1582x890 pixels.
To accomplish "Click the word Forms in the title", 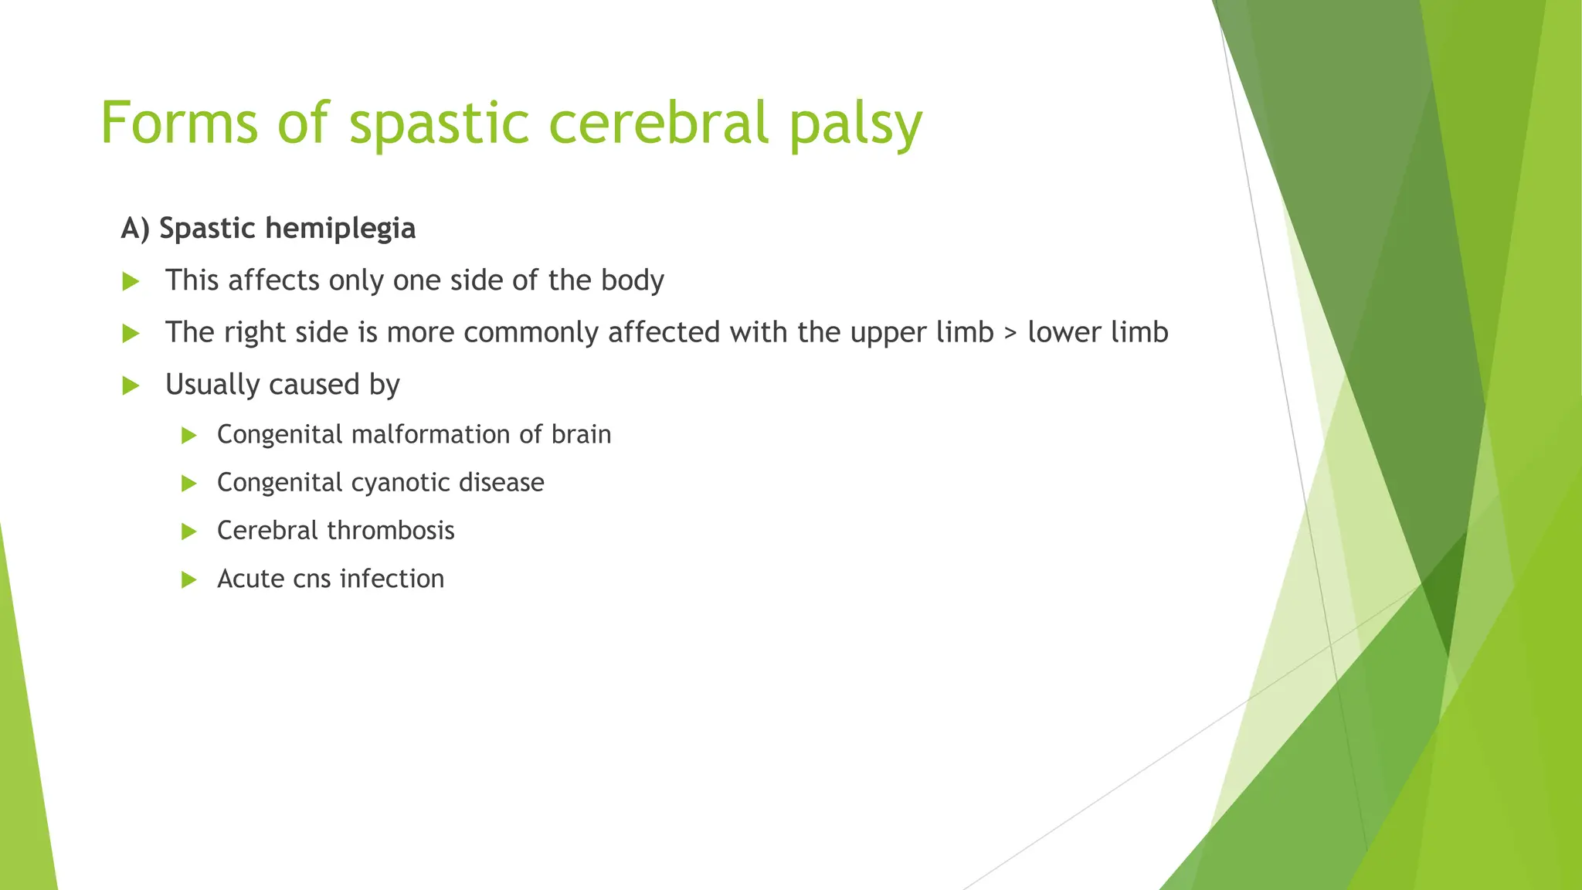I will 179,123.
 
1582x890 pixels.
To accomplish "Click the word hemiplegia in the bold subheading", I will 340,229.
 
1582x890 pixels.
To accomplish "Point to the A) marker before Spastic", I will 135,229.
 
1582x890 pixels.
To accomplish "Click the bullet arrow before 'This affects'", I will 131,282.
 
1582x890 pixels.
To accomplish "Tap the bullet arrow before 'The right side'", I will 131,334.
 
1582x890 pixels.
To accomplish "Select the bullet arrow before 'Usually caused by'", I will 131,386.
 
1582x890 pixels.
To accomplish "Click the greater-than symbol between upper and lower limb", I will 1010,333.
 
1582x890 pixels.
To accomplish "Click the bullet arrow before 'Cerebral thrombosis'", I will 188,532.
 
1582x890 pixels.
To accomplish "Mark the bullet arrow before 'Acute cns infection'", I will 188,580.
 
